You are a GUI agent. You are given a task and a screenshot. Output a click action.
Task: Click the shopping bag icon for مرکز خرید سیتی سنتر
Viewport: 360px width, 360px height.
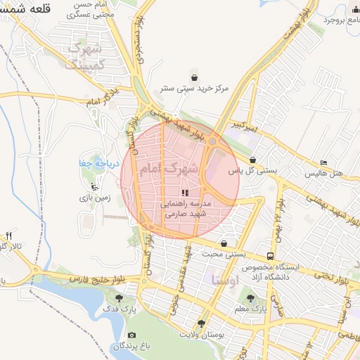pos(193,77)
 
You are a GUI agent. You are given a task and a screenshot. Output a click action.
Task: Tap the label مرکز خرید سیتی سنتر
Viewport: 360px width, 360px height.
pos(194,89)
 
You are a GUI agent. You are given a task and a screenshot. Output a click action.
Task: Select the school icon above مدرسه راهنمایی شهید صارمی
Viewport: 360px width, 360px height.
pos(185,192)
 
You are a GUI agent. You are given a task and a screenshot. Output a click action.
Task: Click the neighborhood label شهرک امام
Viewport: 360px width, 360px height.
pos(169,169)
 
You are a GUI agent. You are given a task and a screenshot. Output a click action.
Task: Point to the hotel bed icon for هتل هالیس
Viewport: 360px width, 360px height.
pos(323,162)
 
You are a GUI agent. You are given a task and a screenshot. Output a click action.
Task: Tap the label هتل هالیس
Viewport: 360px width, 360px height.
pos(323,173)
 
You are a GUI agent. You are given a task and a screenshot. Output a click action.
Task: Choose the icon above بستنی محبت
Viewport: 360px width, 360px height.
pos(224,244)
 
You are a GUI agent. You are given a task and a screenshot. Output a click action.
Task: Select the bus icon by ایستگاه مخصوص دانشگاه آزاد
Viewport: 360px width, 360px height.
pos(271,257)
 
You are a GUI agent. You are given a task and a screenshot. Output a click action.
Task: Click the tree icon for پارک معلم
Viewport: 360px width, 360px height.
pos(251,298)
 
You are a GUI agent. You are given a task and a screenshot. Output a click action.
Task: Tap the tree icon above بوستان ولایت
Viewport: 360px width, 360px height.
pos(202,324)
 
